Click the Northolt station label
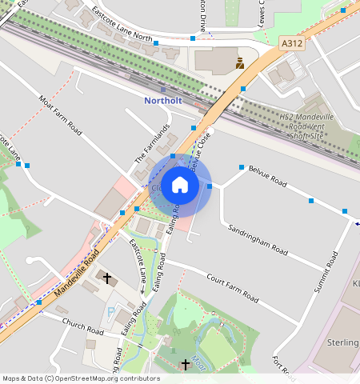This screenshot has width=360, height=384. [163, 101]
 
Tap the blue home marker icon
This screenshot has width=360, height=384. [180, 186]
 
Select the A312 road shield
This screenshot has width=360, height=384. [291, 42]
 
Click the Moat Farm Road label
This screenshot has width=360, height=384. [61, 114]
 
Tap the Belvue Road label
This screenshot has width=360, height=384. [267, 177]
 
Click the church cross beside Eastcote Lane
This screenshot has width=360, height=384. [108, 278]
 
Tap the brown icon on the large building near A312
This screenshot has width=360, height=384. [239, 61]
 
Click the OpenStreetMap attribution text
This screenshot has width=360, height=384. [81, 378]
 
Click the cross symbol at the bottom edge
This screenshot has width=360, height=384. [186, 365]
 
